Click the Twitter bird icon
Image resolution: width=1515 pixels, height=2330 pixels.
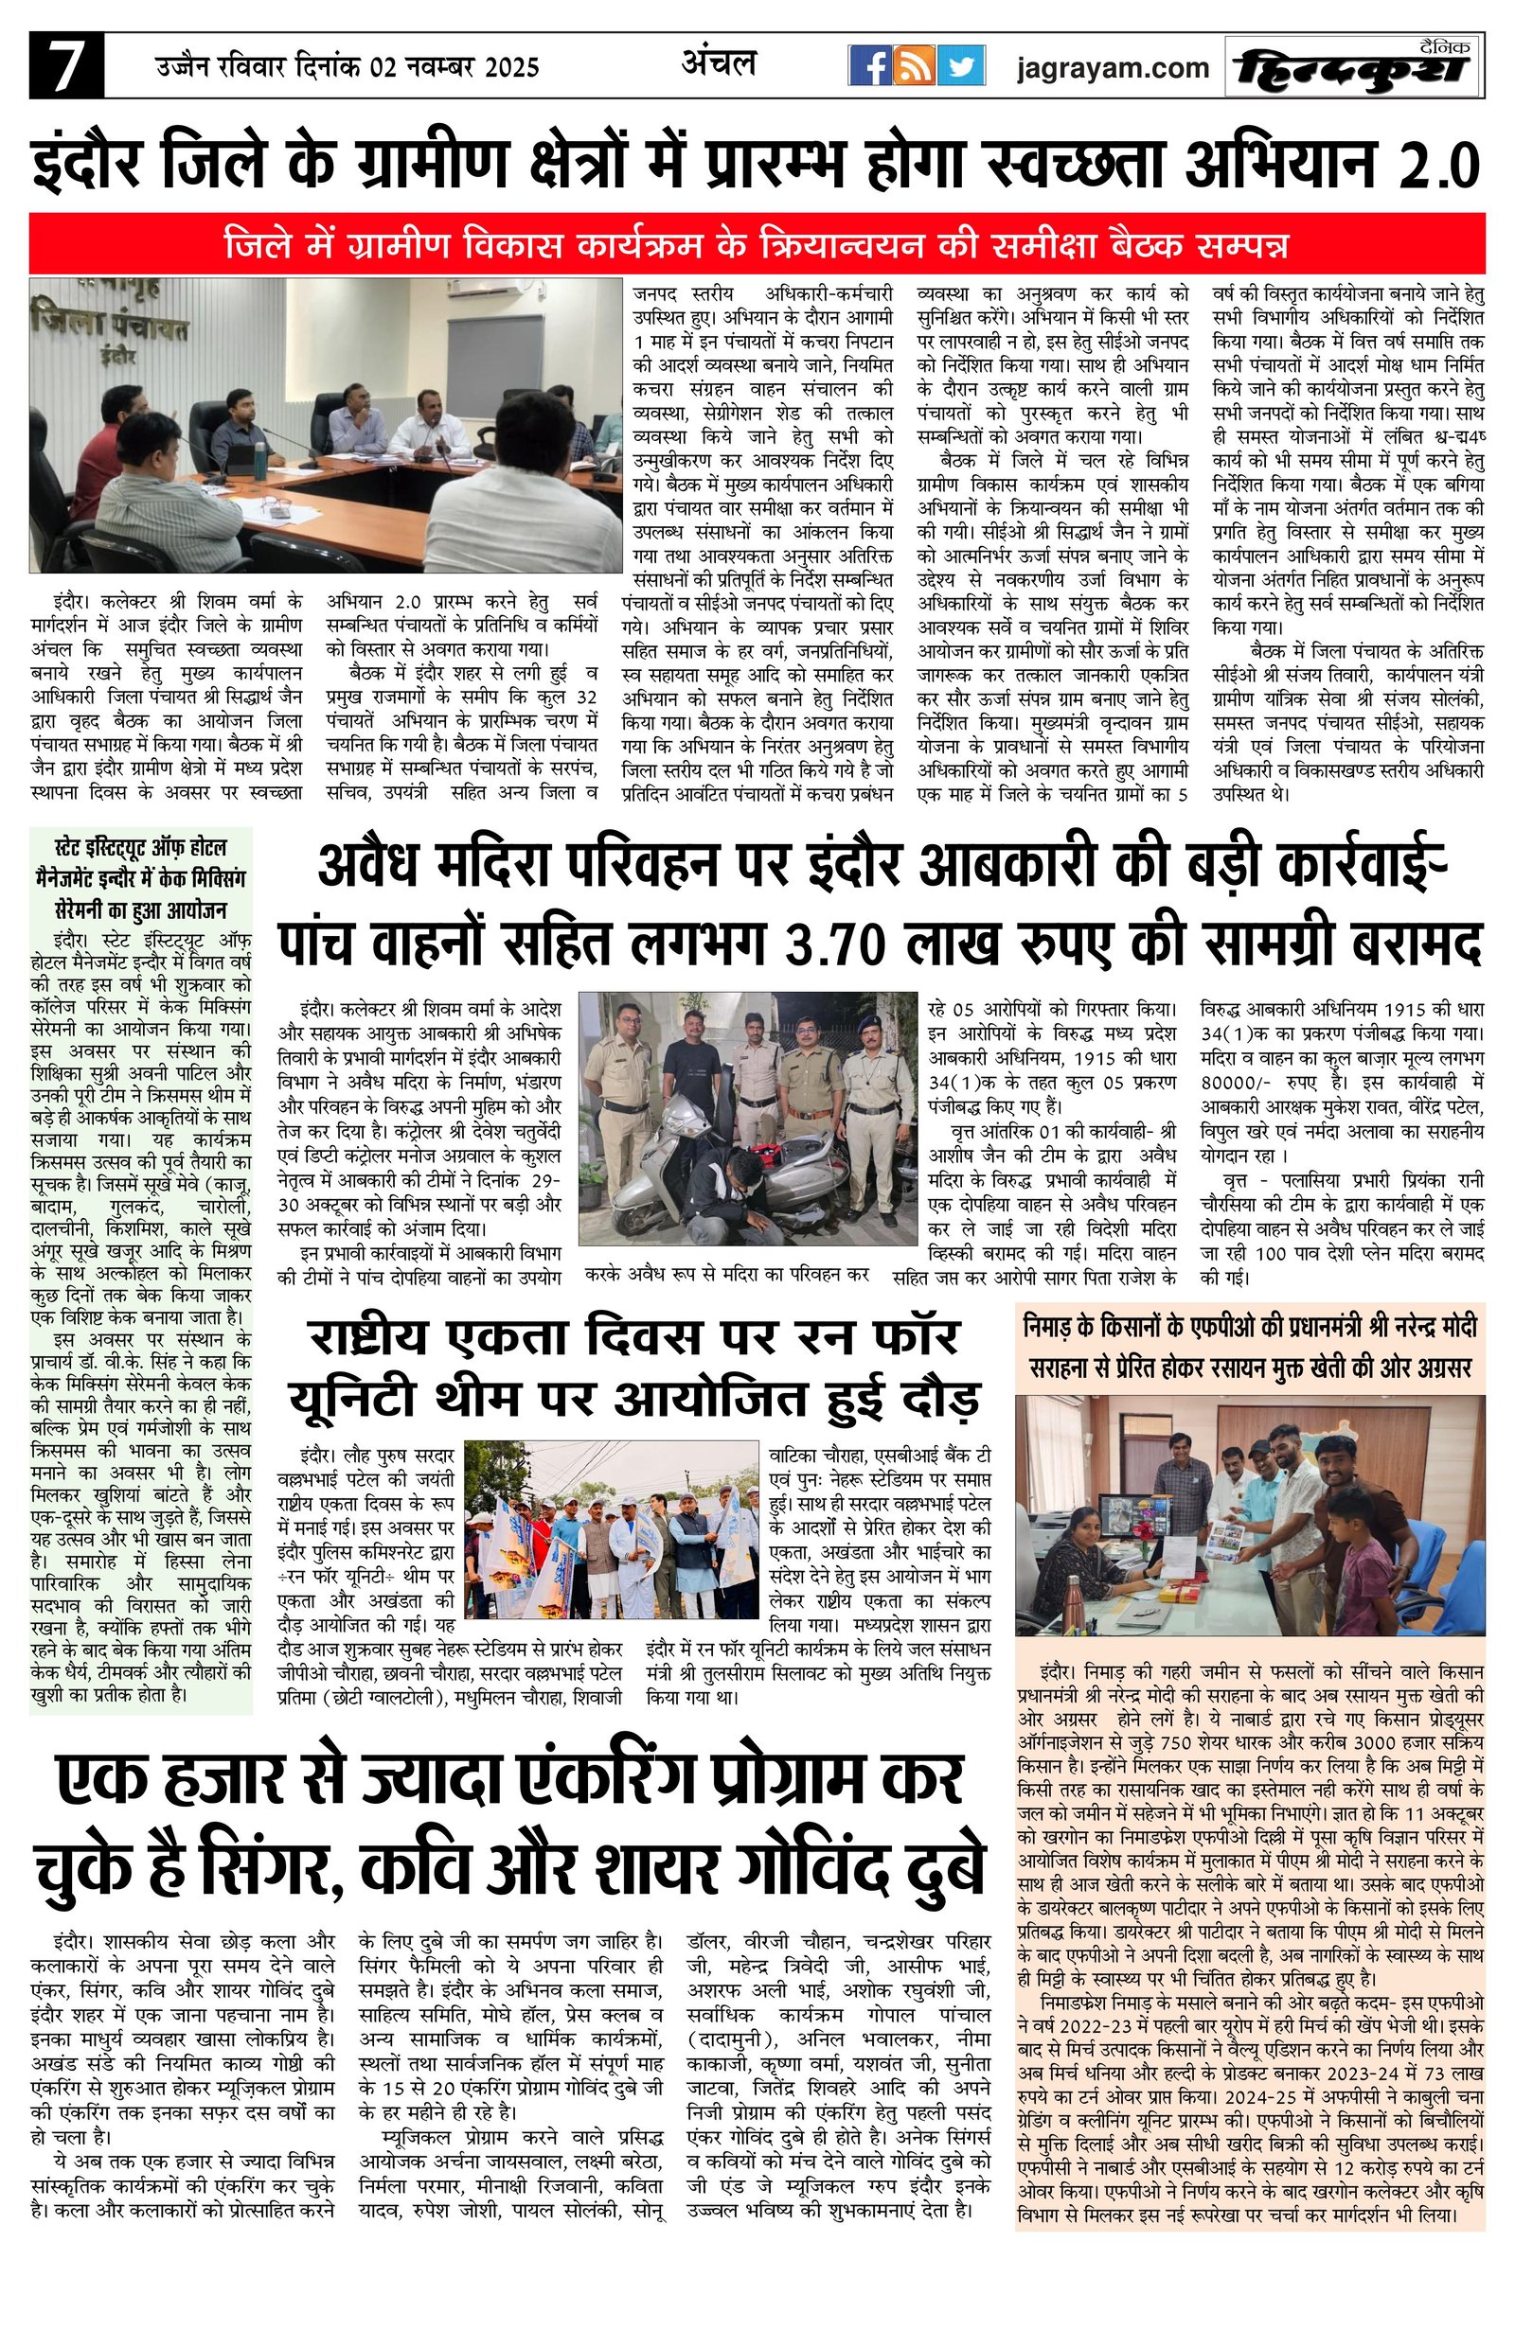click(x=960, y=66)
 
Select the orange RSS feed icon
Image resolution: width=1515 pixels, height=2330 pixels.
click(x=915, y=66)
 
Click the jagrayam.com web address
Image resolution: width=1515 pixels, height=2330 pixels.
click(x=1112, y=68)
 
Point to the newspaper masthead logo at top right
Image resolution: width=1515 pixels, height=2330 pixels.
click(x=1353, y=66)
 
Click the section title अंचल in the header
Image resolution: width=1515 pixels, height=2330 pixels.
click(x=719, y=62)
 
